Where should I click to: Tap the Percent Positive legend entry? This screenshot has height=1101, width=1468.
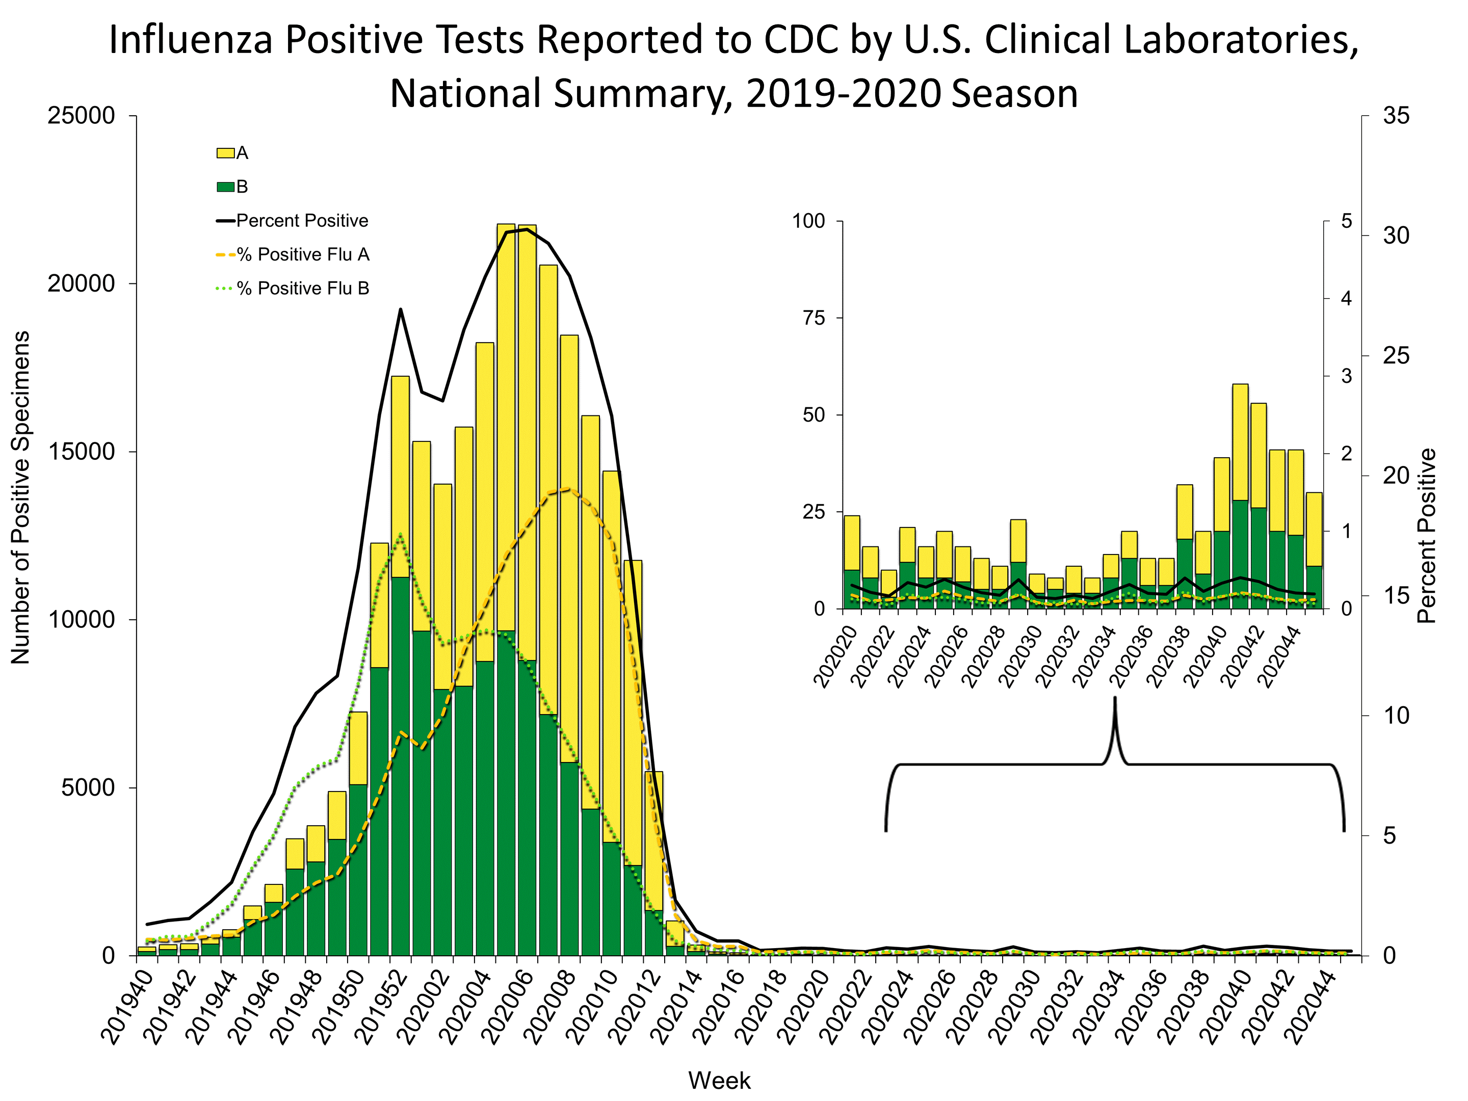[x=301, y=221]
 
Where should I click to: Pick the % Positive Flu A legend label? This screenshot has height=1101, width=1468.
[x=312, y=255]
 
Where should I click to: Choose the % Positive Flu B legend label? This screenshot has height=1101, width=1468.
[x=312, y=289]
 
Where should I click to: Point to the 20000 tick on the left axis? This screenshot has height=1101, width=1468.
[x=81, y=284]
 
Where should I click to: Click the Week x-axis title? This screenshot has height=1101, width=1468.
[x=719, y=1081]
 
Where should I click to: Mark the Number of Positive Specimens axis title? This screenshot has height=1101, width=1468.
[x=21, y=497]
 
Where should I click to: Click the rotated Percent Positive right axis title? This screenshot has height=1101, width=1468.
[x=1427, y=536]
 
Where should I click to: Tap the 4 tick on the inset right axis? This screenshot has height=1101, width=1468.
[x=1346, y=299]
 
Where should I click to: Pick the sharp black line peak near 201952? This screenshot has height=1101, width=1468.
[x=401, y=309]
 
